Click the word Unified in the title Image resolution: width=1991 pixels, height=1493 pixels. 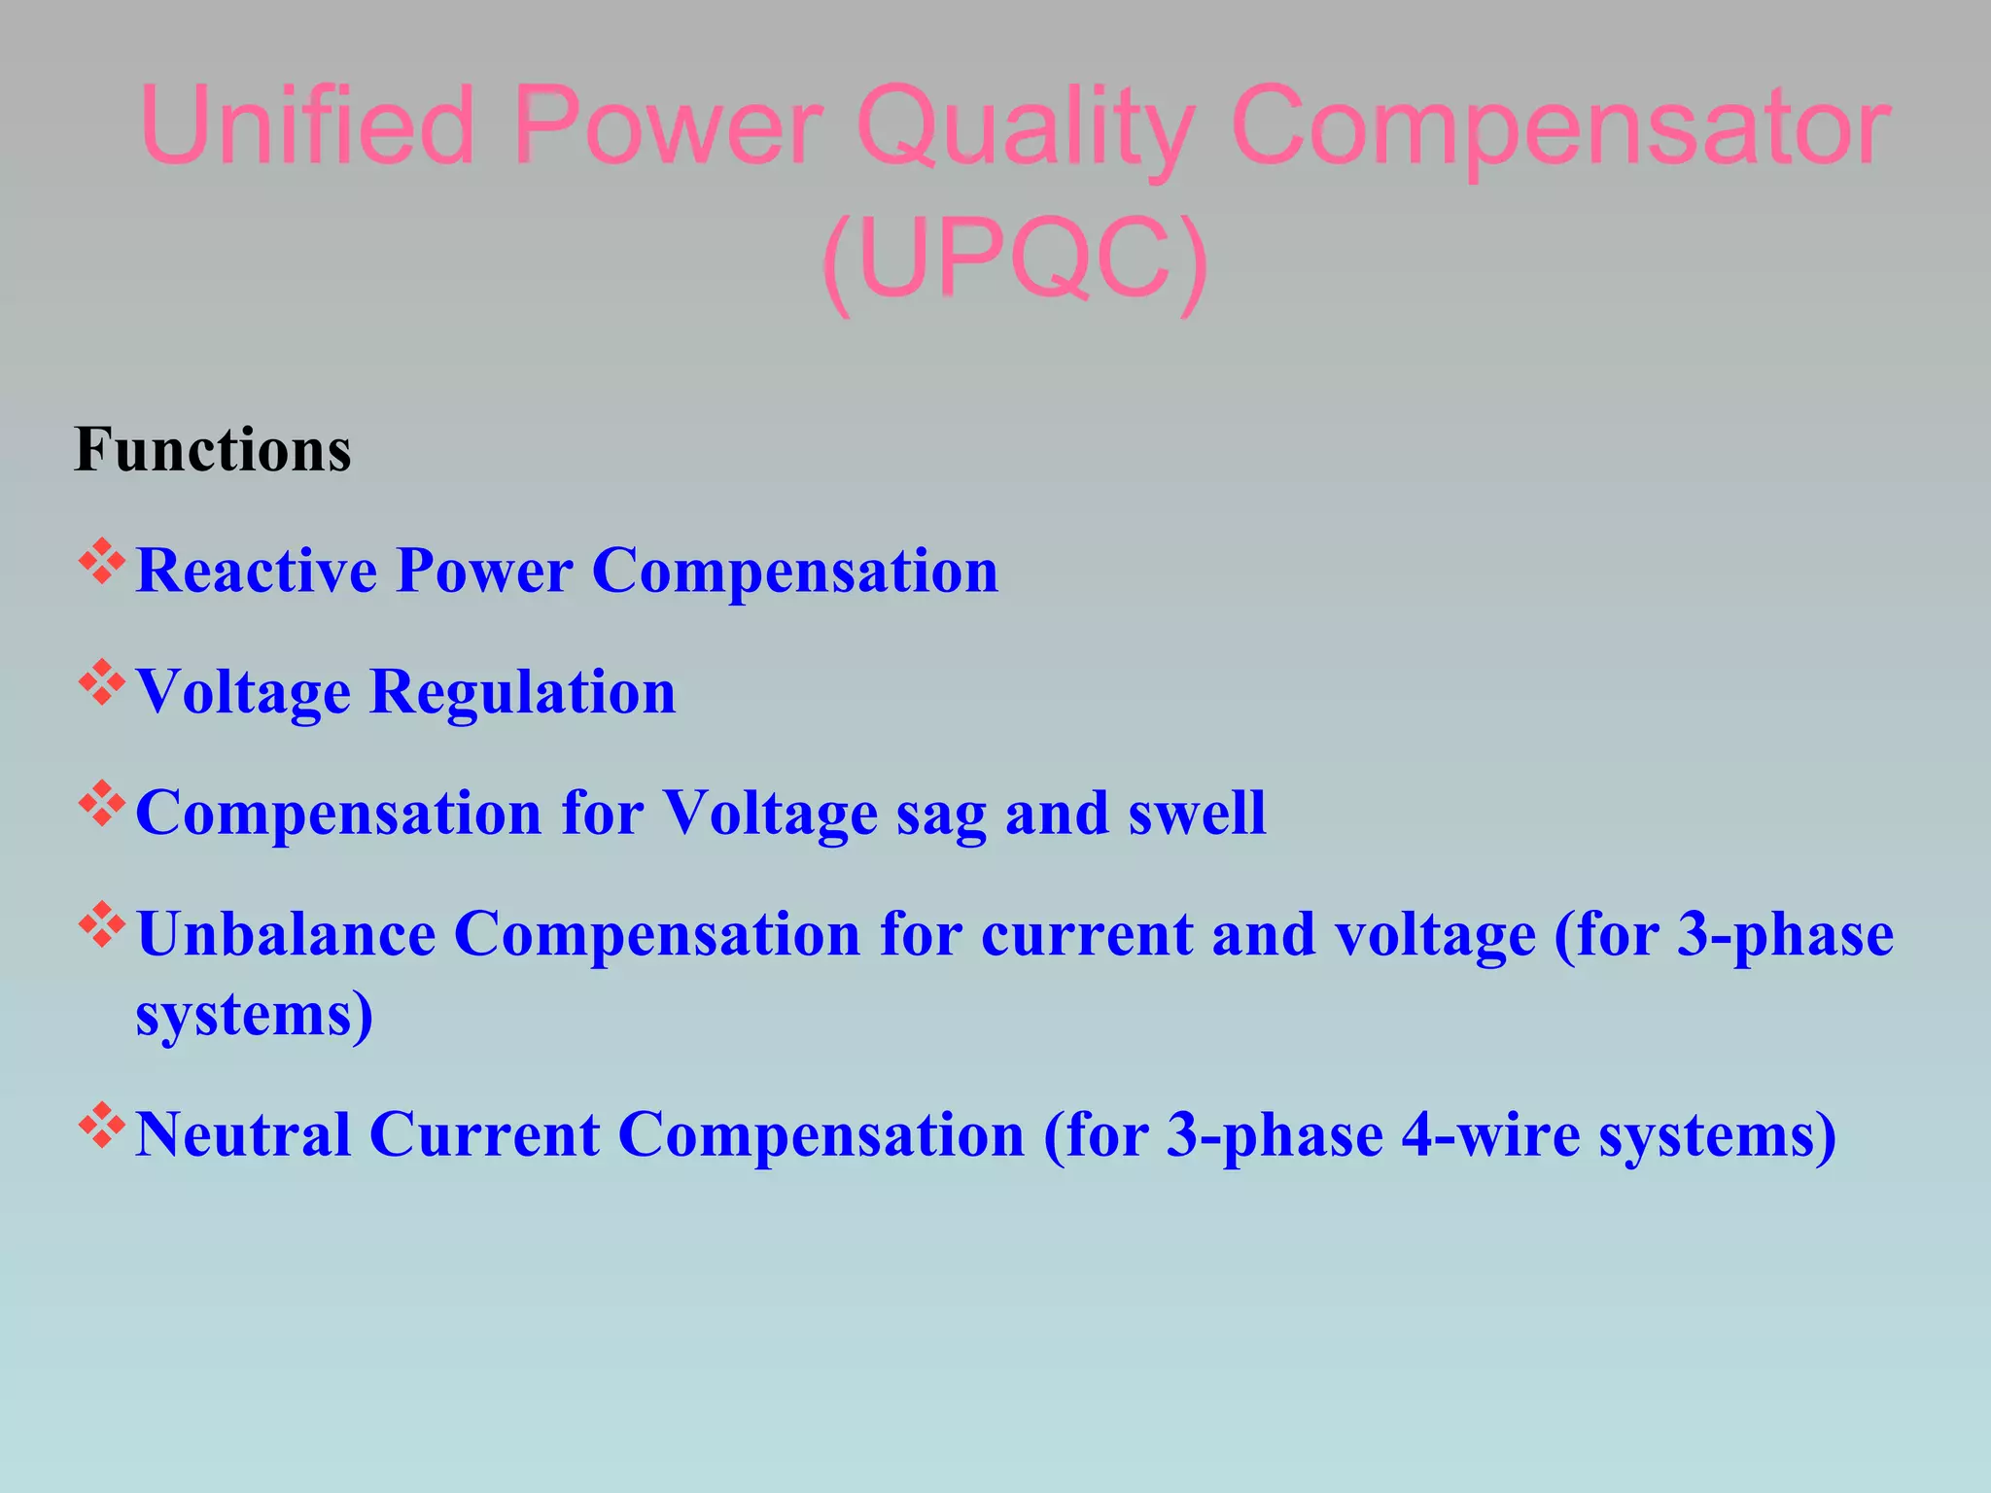307,126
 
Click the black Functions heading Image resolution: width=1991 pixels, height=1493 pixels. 213,450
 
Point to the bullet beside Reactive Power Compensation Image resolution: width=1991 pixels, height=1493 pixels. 102,563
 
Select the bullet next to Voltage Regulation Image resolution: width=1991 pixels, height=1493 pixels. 102,683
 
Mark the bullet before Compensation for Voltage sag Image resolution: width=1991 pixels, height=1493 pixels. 102,805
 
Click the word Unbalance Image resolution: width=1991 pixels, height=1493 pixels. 286,934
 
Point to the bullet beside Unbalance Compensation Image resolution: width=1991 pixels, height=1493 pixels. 102,926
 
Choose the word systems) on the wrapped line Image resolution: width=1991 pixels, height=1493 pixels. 255,1017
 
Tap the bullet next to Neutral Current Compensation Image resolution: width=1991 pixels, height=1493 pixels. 102,1127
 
